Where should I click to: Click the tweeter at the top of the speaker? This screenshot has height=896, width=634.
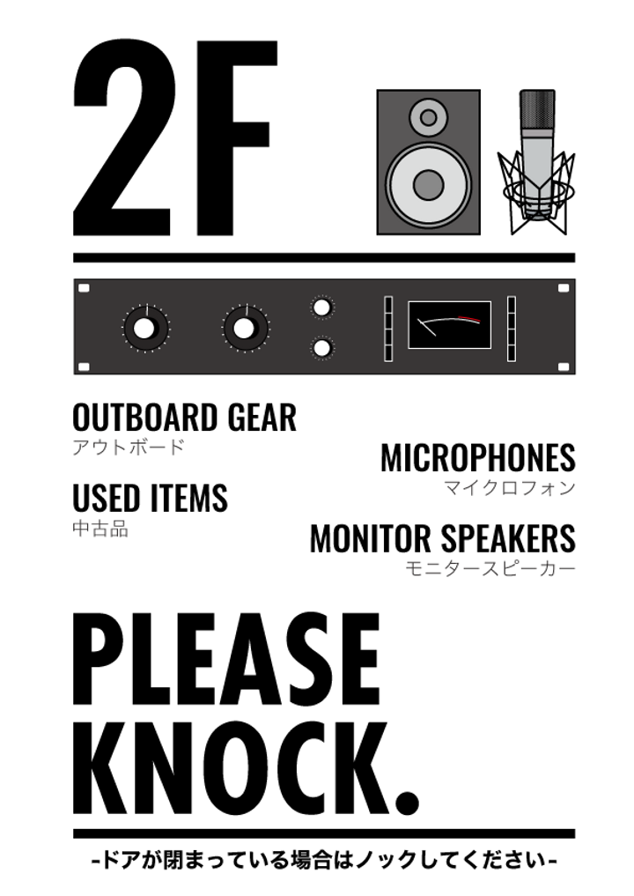point(428,116)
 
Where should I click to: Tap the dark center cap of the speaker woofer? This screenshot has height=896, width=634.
point(428,185)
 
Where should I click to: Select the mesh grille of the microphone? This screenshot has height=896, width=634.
point(537,111)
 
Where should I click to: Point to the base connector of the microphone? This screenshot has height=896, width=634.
point(537,210)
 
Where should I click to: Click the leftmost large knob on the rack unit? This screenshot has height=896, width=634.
point(145,329)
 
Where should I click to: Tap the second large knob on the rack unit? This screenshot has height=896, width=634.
point(245,329)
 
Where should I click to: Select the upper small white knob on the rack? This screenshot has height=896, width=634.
point(322,307)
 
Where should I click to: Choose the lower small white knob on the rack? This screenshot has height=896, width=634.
point(322,348)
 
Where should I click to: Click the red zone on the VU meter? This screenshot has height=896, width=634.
point(469,319)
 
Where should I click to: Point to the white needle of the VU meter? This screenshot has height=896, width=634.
point(426,327)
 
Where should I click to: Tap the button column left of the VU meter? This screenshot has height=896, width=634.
point(388,329)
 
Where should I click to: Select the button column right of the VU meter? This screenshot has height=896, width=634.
point(512,329)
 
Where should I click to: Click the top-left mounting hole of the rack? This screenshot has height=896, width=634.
point(85,288)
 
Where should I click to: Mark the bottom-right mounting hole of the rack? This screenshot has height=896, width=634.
point(564,367)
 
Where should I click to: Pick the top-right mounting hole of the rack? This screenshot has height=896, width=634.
point(564,288)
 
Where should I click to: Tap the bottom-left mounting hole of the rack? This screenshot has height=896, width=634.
point(85,367)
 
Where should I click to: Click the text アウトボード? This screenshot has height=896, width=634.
point(129,448)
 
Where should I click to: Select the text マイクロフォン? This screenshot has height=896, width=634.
point(509,488)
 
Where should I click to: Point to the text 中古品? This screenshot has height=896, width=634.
point(100,529)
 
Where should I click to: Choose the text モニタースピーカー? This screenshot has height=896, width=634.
point(490,569)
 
